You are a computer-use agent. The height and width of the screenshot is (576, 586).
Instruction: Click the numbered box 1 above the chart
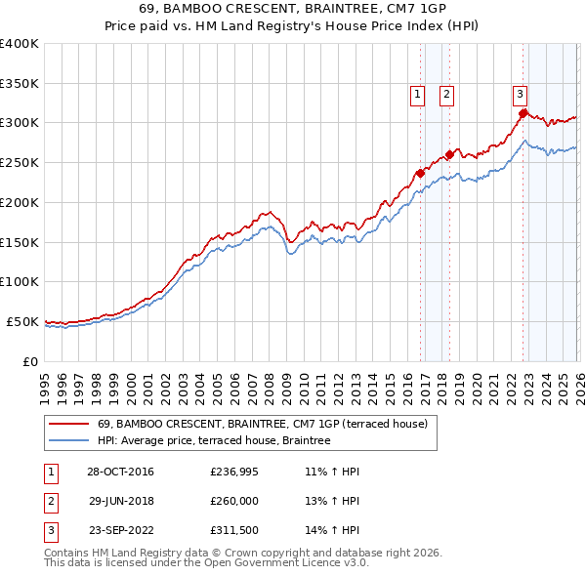pyautogui.click(x=417, y=95)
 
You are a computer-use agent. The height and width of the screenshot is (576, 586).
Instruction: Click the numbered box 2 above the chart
pyautogui.click(x=446, y=95)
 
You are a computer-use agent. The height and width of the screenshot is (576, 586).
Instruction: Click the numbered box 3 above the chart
pyautogui.click(x=520, y=95)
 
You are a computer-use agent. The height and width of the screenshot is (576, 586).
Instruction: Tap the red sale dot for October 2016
pyautogui.click(x=420, y=173)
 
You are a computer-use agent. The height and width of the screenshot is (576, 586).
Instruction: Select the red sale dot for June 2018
pyautogui.click(x=449, y=154)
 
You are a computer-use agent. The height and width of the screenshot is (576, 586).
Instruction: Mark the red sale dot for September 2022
pyautogui.click(x=523, y=113)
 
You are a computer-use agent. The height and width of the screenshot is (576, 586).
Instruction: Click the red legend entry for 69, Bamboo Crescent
pyautogui.click(x=262, y=424)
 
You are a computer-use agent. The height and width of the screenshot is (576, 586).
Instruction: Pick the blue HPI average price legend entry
pyautogui.click(x=214, y=441)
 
